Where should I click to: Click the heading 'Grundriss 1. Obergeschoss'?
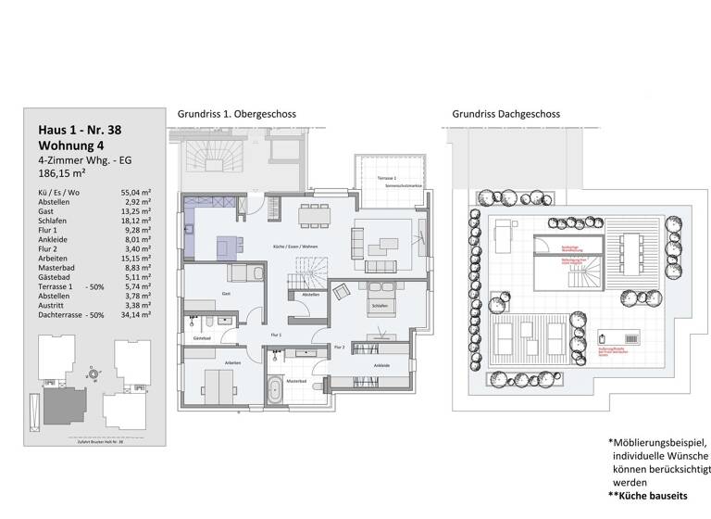[x=236, y=115]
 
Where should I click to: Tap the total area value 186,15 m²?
[x=62, y=172]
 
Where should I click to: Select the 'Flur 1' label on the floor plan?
[x=275, y=334]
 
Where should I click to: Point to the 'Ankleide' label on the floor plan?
[x=380, y=365]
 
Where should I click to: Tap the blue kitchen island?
[x=230, y=245]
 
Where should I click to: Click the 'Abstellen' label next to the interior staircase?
[x=310, y=295]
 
